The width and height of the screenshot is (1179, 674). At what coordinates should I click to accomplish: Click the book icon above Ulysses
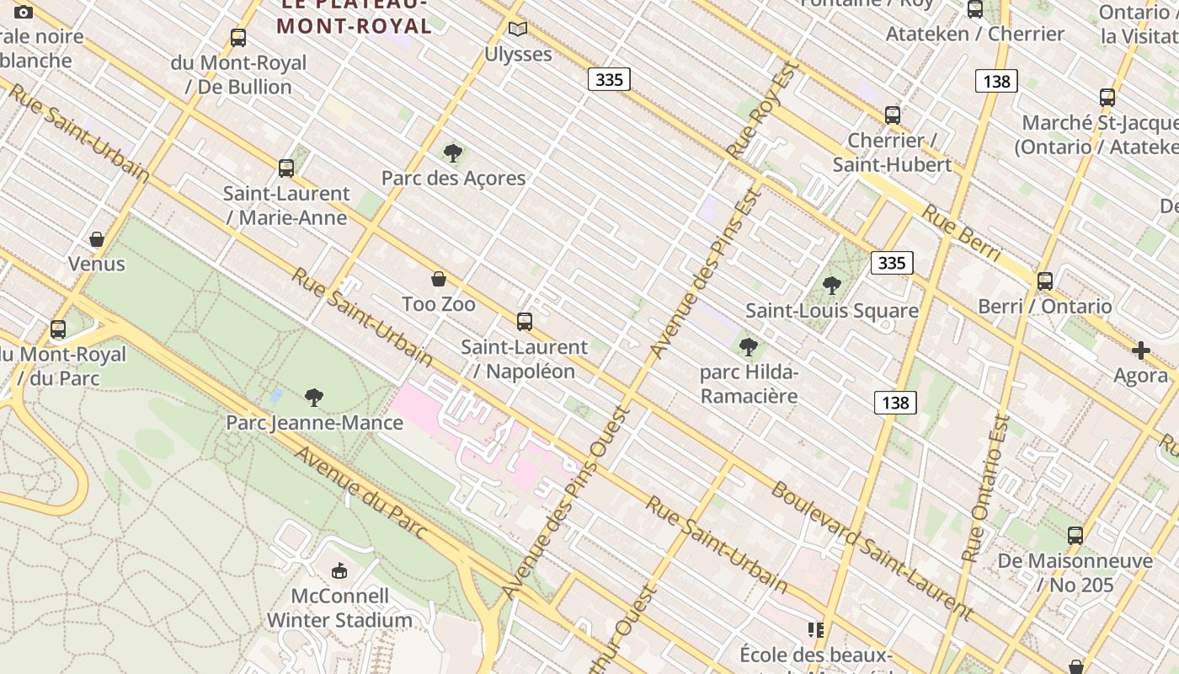tap(518, 29)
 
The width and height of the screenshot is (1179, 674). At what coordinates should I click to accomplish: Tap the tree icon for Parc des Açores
tap(453, 153)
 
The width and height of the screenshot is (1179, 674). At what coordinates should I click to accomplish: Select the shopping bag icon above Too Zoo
tap(439, 279)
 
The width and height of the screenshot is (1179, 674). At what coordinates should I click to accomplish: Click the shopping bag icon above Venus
tap(97, 239)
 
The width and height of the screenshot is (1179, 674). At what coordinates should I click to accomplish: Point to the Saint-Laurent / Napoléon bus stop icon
tap(525, 321)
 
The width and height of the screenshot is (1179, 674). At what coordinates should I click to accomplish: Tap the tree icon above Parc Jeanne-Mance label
tap(314, 397)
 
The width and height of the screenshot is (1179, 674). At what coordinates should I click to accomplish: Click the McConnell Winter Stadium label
tap(339, 608)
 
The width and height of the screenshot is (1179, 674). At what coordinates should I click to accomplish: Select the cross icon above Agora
tap(1141, 350)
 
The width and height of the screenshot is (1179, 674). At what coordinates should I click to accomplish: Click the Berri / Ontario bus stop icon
tap(1045, 281)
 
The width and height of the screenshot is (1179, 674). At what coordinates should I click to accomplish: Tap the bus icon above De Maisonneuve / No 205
tap(1075, 535)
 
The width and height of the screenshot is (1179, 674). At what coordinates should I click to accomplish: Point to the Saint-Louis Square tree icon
tap(832, 286)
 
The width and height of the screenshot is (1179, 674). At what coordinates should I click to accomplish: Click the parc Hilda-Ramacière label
tap(749, 383)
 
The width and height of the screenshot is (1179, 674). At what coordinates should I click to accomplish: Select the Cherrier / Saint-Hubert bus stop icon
tap(893, 115)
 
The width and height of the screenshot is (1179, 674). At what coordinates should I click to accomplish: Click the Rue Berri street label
tap(961, 233)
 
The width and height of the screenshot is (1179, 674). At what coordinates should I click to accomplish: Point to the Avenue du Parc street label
tap(360, 492)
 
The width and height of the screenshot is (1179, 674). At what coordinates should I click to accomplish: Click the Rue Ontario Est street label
tap(985, 489)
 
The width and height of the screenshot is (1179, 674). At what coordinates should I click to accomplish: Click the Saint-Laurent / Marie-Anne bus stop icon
tap(286, 168)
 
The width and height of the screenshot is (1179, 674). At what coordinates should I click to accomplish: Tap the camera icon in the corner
tap(24, 12)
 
